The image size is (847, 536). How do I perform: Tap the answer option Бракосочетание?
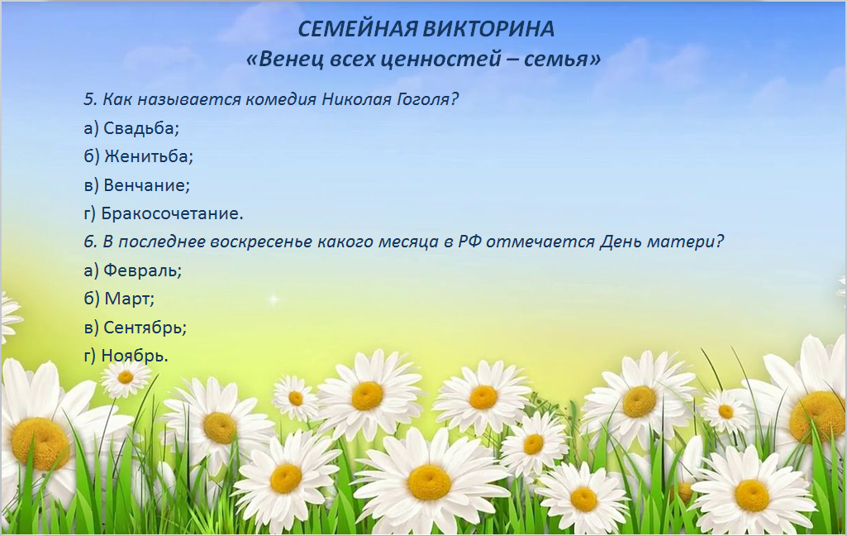point(172,213)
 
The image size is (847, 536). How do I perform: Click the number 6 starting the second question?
point(88,242)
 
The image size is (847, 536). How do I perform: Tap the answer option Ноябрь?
point(135,356)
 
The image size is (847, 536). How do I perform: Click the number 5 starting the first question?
point(88,100)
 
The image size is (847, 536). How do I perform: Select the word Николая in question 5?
point(354,100)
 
